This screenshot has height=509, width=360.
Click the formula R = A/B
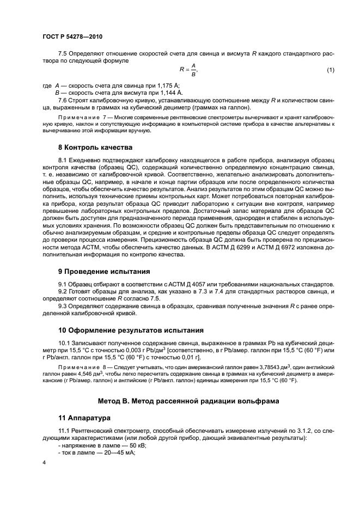click(x=188, y=70)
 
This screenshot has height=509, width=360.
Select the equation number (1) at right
click(x=330, y=70)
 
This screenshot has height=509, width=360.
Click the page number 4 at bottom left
click(x=44, y=462)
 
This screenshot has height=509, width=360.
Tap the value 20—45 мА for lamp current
click(x=114, y=453)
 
